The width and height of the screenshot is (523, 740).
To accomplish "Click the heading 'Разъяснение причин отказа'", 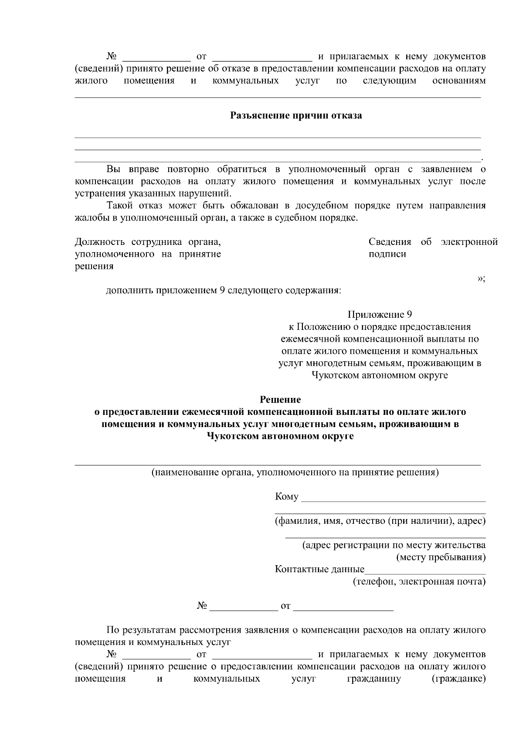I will point(296,116).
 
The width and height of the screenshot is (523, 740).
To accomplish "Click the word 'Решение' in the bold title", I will point(280,399).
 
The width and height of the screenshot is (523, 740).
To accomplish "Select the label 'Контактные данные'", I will point(319,569).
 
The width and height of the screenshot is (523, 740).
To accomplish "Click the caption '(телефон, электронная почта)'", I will point(419,581).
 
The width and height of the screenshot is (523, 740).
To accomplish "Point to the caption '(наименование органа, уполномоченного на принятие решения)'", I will point(295,472).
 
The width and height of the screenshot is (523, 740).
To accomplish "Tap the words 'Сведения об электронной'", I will point(433,242).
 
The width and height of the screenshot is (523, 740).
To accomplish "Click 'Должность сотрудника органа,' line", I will point(151,242).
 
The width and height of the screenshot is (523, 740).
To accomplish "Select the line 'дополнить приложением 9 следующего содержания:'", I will point(224,290).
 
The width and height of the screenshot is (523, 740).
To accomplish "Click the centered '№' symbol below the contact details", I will point(201,606).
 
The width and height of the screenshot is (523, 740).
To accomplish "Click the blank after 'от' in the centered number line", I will point(343,607).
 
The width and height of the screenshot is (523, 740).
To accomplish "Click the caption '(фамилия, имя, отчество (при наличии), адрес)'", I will point(380,521).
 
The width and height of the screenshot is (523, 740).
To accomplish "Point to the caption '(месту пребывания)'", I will point(440,557).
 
